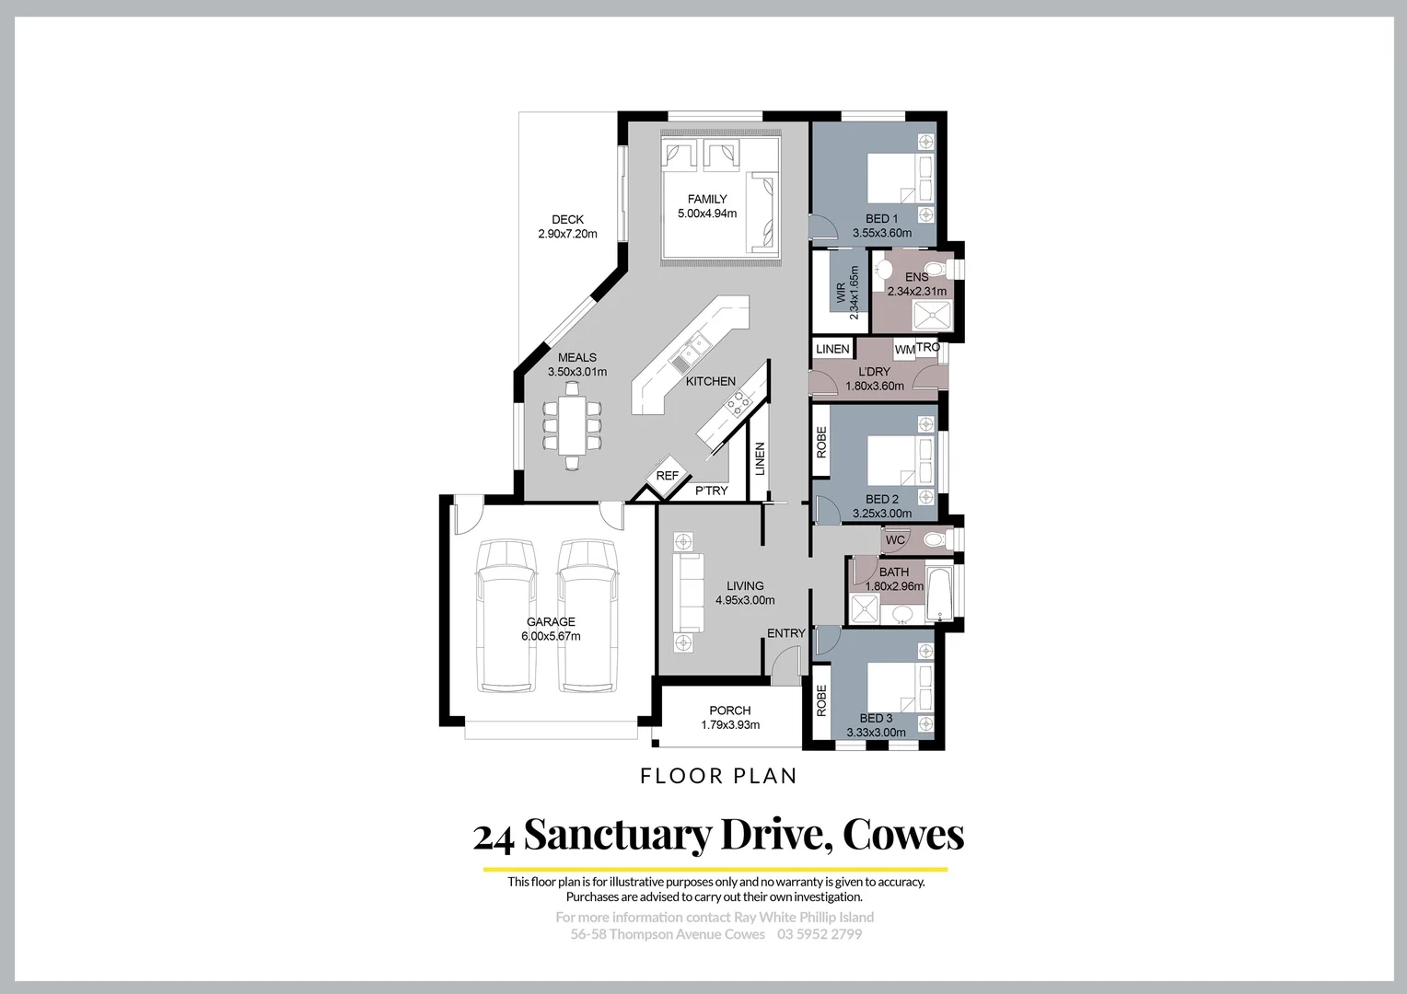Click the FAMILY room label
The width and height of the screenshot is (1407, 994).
707,199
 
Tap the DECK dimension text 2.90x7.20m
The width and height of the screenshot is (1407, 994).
567,234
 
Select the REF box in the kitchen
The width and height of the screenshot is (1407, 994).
668,476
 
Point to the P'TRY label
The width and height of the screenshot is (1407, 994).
711,491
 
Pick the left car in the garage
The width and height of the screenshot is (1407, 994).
506,614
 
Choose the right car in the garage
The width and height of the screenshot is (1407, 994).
587,614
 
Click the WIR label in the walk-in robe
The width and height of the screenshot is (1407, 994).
840,293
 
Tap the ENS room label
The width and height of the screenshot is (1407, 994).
916,277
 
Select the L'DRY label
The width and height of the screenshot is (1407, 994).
874,372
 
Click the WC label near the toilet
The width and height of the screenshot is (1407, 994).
895,540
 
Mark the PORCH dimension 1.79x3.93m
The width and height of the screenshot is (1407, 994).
730,724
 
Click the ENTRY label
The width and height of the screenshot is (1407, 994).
786,633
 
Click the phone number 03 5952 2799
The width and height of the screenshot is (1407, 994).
820,934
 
